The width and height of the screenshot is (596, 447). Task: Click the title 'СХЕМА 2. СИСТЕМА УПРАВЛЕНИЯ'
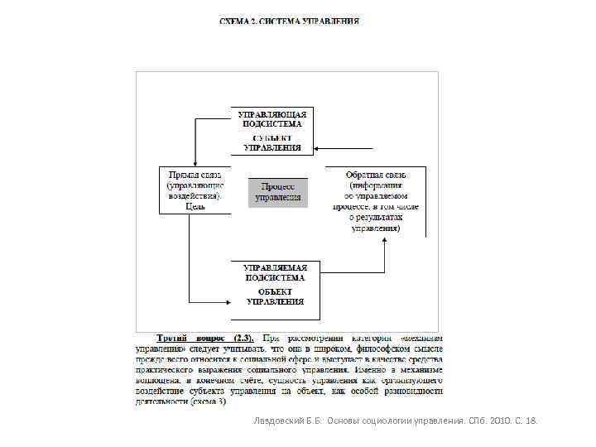pyautogui.click(x=289, y=22)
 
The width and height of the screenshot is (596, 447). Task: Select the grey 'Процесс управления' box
pyautogui.click(x=278, y=192)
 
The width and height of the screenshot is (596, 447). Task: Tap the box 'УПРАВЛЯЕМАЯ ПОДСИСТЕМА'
pyautogui.click(x=275, y=272)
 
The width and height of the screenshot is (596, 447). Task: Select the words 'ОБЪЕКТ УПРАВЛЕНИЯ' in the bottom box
pyautogui.click(x=275, y=296)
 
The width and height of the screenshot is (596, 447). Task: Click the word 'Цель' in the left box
pyautogui.click(x=195, y=207)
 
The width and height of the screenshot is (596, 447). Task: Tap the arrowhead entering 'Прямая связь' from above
pyautogui.click(x=193, y=162)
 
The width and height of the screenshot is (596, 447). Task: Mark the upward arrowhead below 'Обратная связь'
pyautogui.click(x=385, y=242)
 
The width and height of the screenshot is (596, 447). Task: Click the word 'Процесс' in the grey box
pyautogui.click(x=278, y=187)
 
